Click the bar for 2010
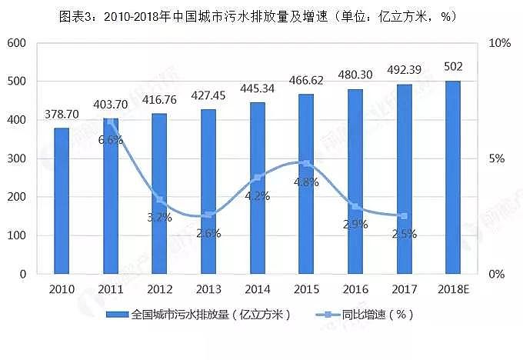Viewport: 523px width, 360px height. click(x=62, y=201)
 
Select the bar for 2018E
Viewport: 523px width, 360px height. click(x=453, y=177)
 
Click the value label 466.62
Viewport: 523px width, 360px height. click(x=306, y=79)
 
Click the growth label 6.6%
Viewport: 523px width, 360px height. click(x=111, y=139)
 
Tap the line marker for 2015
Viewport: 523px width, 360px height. click(x=306, y=163)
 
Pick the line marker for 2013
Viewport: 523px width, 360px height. click(x=208, y=215)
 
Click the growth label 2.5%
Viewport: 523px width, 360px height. click(x=404, y=234)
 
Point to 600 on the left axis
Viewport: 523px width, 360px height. click(x=16, y=43)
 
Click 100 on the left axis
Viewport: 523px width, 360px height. click(x=16, y=235)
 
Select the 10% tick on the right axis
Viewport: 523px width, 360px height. click(x=500, y=43)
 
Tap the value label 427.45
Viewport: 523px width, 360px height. click(x=208, y=95)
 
